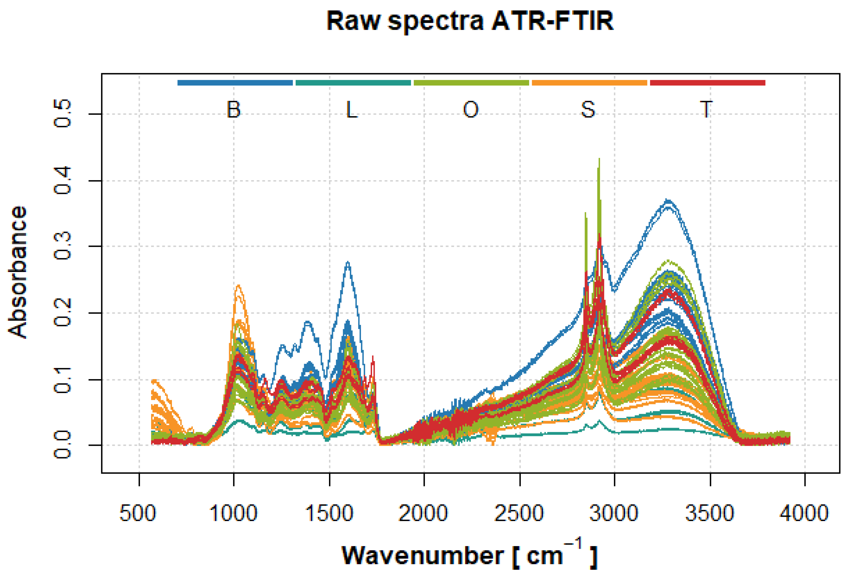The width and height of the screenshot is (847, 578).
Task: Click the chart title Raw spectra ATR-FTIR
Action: coord(470,21)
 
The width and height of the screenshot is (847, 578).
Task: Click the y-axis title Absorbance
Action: coord(18,272)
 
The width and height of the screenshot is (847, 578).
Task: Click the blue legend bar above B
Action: coord(235,83)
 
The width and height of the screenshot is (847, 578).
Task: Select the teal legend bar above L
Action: coord(353,83)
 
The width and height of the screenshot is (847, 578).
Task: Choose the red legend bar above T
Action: coord(707,83)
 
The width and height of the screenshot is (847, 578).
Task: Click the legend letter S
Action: coord(588,109)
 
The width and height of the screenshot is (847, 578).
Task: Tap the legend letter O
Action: coord(471,109)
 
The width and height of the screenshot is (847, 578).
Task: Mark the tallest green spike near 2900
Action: coord(599,159)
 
